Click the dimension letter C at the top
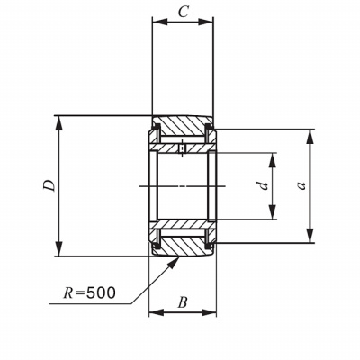[183, 13]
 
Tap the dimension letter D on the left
[49, 185]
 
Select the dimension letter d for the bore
[264, 185]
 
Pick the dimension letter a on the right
[301, 186]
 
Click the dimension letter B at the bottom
[183, 302]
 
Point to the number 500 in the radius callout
[101, 292]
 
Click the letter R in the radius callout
[68, 293]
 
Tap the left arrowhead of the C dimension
[159, 22]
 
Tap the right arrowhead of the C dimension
[206, 22]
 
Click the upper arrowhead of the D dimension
[59, 123]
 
